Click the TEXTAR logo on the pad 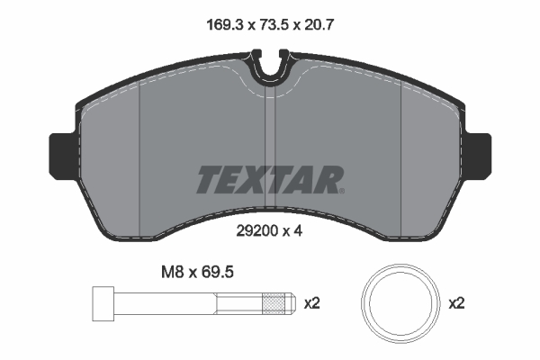(x=268, y=180)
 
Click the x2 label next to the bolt (x=312, y=304)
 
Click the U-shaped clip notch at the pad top (x=269, y=67)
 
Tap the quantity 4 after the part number (x=294, y=230)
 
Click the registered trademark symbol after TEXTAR (x=340, y=190)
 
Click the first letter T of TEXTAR (x=208, y=180)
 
